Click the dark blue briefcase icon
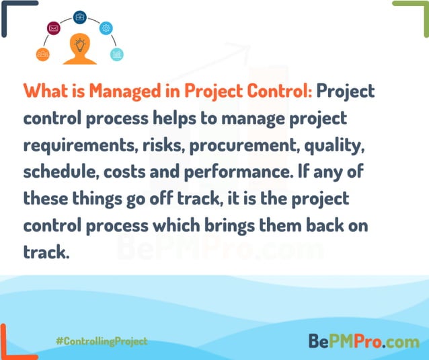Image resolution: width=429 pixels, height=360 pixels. pyautogui.click(x=80, y=16)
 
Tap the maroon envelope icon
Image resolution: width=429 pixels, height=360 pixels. pyautogui.click(x=54, y=28)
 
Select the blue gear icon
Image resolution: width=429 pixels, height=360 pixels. pyautogui.click(x=106, y=28)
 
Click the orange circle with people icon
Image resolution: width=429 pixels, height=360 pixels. pyautogui.click(x=43, y=54)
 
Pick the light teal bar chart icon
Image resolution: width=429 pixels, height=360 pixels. pyautogui.click(x=117, y=54)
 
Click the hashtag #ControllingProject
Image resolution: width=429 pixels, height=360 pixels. pyautogui.click(x=102, y=341)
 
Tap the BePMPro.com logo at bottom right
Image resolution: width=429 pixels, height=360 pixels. pyautogui.click(x=364, y=341)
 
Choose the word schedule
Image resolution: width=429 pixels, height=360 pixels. pyautogui.click(x=59, y=172)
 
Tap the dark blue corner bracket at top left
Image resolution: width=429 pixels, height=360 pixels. pyautogui.click(x=13, y=13)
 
